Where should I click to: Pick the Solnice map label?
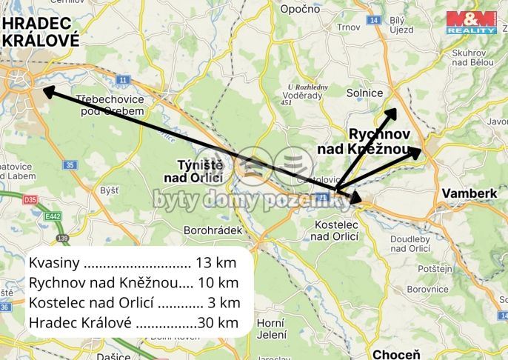(365, 93)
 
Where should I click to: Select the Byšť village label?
(109, 190)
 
